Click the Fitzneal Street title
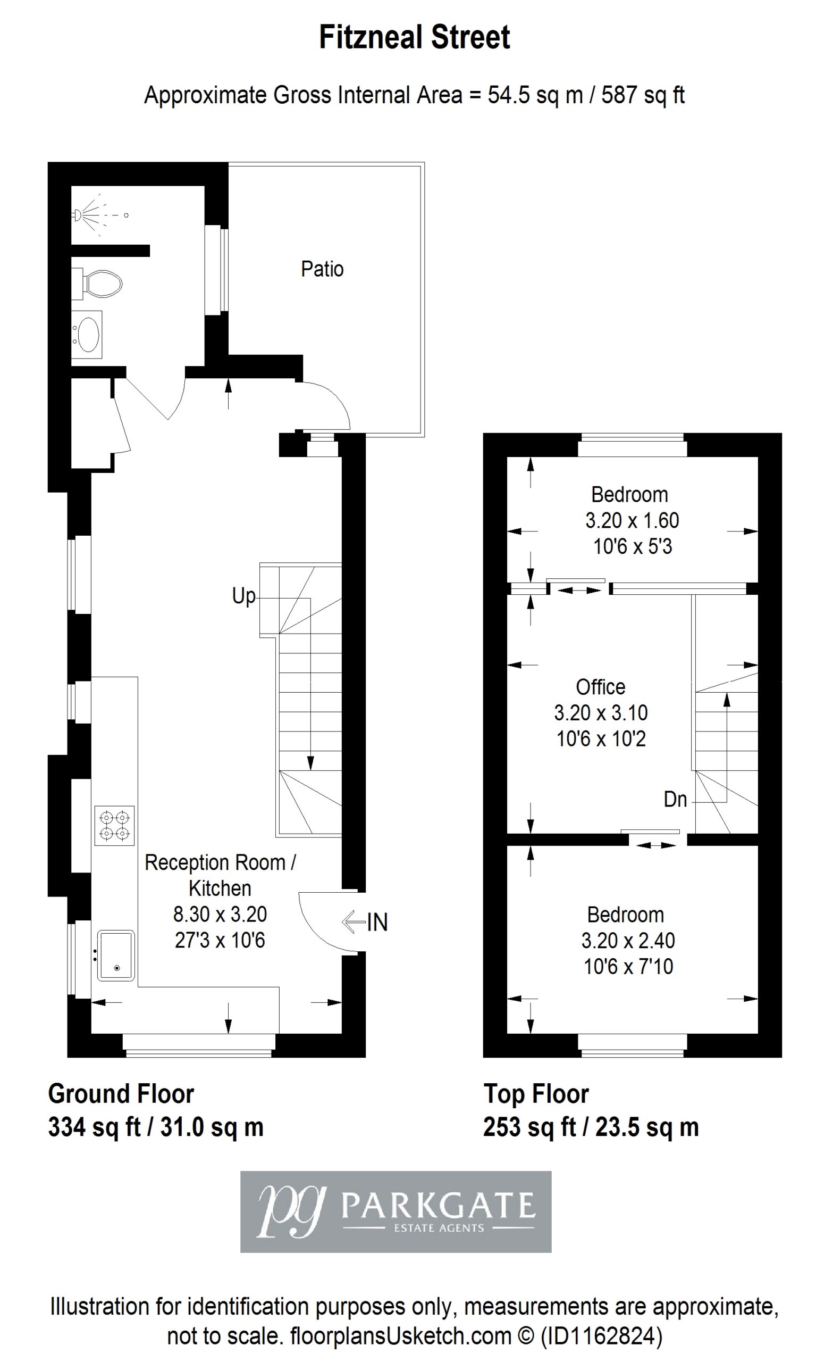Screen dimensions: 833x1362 pyautogui.click(x=414, y=38)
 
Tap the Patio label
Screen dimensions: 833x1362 pyautogui.click(x=322, y=269)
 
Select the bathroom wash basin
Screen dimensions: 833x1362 pyautogui.click(x=87, y=335)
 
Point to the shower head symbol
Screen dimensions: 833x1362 pyautogui.click(x=79, y=215)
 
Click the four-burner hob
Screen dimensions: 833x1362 pyautogui.click(x=114, y=825)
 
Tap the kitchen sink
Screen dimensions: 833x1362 pyautogui.click(x=116, y=955)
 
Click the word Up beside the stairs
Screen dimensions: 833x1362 pyautogui.click(x=243, y=596)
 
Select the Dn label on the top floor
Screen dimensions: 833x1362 pyautogui.click(x=675, y=799)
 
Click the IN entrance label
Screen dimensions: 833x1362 pyautogui.click(x=377, y=922)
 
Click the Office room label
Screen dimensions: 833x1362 pyautogui.click(x=601, y=687)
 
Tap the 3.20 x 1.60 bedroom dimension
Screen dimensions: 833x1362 pyautogui.click(x=632, y=521)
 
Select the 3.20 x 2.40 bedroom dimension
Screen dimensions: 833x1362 pyautogui.click(x=628, y=941)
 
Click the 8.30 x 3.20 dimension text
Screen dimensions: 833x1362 pyautogui.click(x=220, y=914)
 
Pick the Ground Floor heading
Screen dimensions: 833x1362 pyautogui.click(x=121, y=1094)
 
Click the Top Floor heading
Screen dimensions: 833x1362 pyautogui.click(x=536, y=1094)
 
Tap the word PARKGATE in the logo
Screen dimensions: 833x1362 pyautogui.click(x=439, y=1206)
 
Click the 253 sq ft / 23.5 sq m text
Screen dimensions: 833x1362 pyautogui.click(x=591, y=1127)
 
